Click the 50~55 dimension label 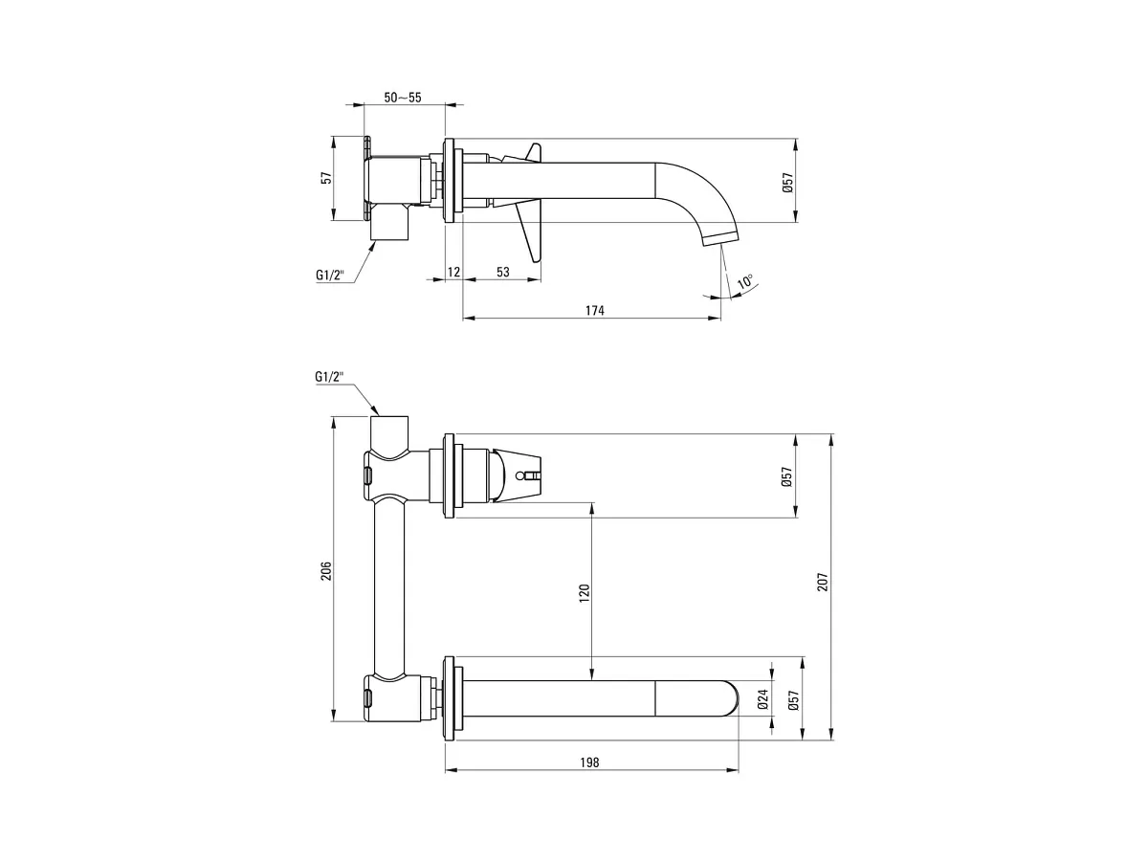click(x=402, y=98)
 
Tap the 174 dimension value click(x=595, y=311)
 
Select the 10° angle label click(x=744, y=282)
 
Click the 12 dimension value click(x=454, y=272)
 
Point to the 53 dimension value click(x=502, y=272)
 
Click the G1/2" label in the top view click(x=330, y=275)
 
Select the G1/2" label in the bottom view click(x=329, y=376)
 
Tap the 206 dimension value click(x=326, y=570)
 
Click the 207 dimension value click(x=823, y=582)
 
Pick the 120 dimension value click(x=585, y=593)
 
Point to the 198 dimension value click(x=589, y=762)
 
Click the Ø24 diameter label click(x=763, y=699)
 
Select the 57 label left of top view click(x=326, y=178)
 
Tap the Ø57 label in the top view click(x=787, y=183)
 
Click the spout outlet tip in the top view click(x=720, y=240)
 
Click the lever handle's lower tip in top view click(x=535, y=261)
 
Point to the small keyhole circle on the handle click(x=519, y=475)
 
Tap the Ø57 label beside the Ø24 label click(x=793, y=699)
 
